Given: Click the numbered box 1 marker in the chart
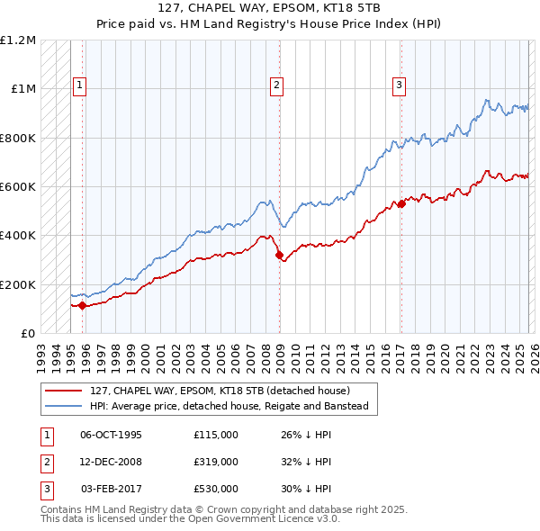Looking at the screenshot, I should [79, 85].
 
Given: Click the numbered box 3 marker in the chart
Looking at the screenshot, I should [398, 85].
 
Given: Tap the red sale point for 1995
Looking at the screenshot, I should [82, 305].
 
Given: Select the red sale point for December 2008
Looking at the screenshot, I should [278, 255].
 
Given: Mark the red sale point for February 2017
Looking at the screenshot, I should [401, 203].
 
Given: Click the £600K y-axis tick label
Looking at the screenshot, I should [18, 187].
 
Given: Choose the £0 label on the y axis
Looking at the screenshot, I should [27, 334].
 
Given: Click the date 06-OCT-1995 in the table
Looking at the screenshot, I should [111, 435].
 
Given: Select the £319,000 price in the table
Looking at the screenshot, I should [215, 462].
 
